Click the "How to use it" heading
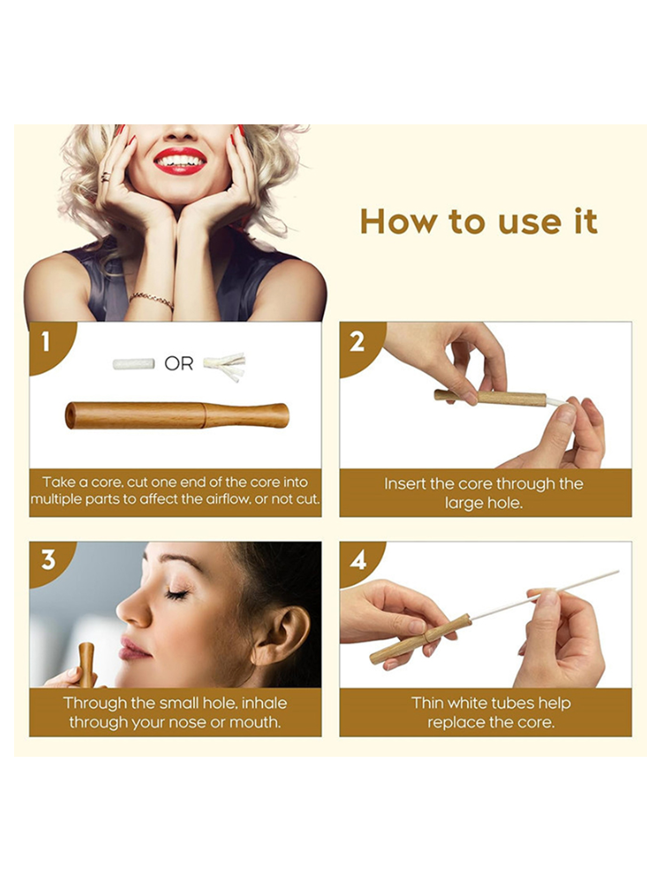tap(478, 221)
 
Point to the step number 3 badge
tap(48, 560)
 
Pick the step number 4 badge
tap(358, 560)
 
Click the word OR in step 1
tap(178, 364)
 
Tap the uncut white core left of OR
tap(133, 364)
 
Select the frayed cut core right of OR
tap(224, 366)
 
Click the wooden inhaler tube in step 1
tap(177, 415)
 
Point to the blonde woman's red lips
tap(180, 161)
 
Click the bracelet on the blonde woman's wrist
tap(152, 300)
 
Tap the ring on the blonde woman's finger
tap(105, 177)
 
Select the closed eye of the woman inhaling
tap(177, 594)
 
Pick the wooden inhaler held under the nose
tap(87, 665)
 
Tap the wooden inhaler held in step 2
tap(490, 398)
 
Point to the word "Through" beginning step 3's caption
tap(95, 704)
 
